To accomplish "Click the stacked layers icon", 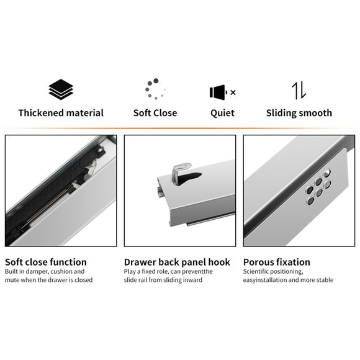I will pyautogui.click(x=61, y=91).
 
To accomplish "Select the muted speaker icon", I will pyautogui.click(x=218, y=92).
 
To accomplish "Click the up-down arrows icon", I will pyautogui.click(x=299, y=91).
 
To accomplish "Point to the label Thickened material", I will pyautogui.click(x=61, y=113).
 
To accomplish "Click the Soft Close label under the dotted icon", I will pyautogui.click(x=155, y=113).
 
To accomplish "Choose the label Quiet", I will pyautogui.click(x=222, y=113).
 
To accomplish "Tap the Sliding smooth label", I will pyautogui.click(x=299, y=113).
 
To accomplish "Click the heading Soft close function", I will pyautogui.click(x=46, y=262).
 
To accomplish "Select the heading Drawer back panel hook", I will pyautogui.click(x=177, y=262).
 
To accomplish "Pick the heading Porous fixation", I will pyautogui.click(x=276, y=262).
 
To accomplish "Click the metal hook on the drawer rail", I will pyautogui.click(x=181, y=174).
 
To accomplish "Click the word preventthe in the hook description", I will pyautogui.click(x=198, y=272).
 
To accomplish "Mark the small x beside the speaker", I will pyautogui.click(x=233, y=92).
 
